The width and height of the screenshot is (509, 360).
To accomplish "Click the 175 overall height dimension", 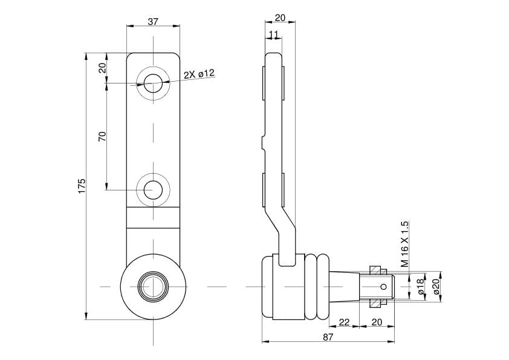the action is [82, 186].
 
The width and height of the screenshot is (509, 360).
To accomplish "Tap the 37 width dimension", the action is [153, 21].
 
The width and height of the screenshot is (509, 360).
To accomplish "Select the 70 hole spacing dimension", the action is [102, 136].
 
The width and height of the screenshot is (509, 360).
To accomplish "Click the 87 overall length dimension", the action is [328, 337].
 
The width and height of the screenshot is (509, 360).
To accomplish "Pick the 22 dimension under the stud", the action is [344, 322].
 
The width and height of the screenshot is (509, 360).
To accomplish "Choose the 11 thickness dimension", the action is [273, 34].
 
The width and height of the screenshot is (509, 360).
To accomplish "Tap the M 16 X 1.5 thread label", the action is [404, 244].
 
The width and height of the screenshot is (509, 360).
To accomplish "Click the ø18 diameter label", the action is [421, 287].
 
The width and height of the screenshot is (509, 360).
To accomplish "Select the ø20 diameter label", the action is [436, 287].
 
